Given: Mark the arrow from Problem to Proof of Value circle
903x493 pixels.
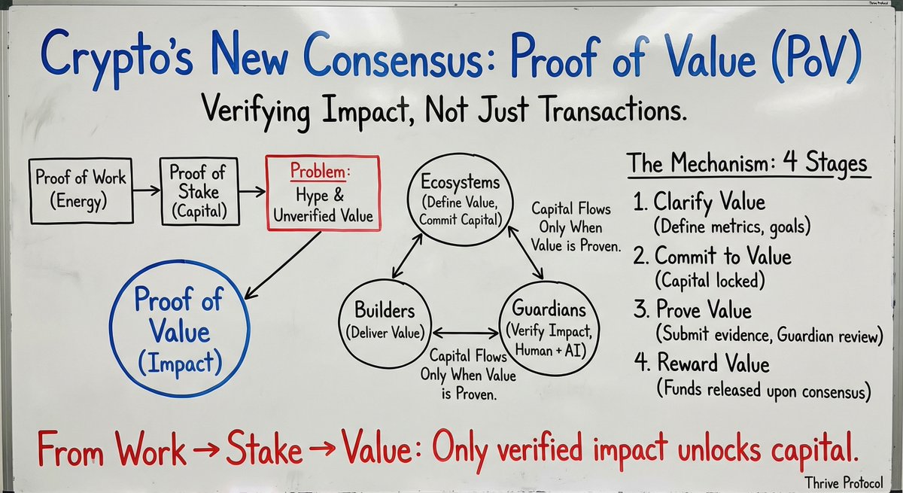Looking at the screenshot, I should pyautogui.click(x=282, y=260).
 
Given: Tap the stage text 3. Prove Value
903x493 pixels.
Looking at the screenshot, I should pyautogui.click(x=703, y=310).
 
